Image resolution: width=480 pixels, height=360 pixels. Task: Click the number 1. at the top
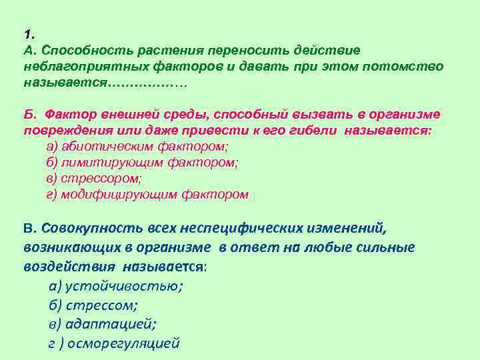pyautogui.click(x=27, y=34)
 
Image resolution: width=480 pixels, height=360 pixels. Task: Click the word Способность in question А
pyautogui.click(x=82, y=51)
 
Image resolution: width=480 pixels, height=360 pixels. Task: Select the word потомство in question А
pyautogui.click(x=406, y=67)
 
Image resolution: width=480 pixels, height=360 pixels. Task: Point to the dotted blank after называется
pyautogui.click(x=147, y=84)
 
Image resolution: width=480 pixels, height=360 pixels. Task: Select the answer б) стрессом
pyautogui.click(x=93, y=305)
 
